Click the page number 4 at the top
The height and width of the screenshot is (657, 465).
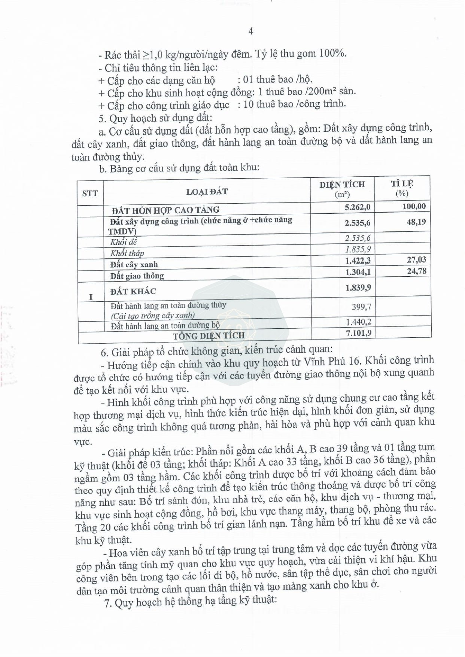click(250, 31)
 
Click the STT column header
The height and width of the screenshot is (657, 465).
click(90, 193)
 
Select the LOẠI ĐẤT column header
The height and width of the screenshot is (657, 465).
click(207, 192)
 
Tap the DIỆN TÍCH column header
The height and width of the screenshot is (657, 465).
click(342, 189)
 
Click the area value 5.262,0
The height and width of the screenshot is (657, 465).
click(358, 207)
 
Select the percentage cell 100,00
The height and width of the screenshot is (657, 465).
click(414, 206)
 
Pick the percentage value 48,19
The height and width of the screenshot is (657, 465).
click(416, 222)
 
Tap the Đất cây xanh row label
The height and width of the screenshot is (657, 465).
click(134, 265)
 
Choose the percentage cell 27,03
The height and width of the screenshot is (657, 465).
click(416, 259)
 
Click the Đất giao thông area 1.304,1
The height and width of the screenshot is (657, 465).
click(358, 272)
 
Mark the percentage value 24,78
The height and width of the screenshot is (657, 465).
click(416, 271)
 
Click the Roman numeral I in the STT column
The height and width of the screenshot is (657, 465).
click(91, 297)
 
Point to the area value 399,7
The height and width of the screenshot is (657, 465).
click(361, 307)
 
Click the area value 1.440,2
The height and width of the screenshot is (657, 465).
click(358, 322)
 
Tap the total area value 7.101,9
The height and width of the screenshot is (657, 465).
click(358, 333)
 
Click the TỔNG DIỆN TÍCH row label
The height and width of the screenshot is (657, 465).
click(209, 335)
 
